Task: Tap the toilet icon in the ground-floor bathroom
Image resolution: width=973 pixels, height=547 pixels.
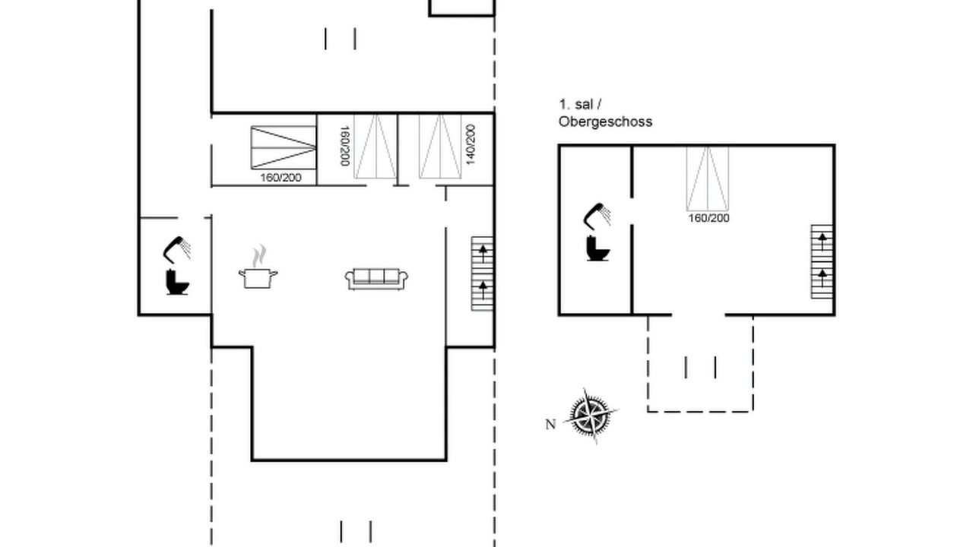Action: (177, 282)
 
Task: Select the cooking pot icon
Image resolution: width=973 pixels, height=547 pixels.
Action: (258, 278)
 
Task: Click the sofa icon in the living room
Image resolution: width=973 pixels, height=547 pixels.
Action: (376, 279)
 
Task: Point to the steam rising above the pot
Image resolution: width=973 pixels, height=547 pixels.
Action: (259, 256)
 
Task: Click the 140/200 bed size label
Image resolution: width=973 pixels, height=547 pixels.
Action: (471, 144)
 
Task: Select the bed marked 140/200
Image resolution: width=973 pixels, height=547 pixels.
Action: (440, 147)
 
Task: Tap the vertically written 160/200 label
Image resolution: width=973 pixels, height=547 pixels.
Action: (344, 146)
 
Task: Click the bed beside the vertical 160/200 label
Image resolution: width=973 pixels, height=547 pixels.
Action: (376, 147)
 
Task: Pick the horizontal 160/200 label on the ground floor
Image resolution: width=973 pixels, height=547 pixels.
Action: (280, 178)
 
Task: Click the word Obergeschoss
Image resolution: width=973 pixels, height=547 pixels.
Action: (605, 122)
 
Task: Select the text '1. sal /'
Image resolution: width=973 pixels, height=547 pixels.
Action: (580, 105)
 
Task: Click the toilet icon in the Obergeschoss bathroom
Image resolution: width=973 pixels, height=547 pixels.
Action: (598, 248)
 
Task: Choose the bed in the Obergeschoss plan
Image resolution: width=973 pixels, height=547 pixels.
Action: (708, 179)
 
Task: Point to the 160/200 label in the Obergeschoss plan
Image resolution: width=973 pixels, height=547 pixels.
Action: (709, 218)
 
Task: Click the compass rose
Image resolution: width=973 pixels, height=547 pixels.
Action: (591, 416)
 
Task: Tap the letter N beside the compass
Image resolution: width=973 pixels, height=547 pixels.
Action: (550, 424)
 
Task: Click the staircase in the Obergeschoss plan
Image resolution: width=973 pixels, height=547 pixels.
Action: (822, 262)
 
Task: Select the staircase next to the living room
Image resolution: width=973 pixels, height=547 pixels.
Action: (483, 273)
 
